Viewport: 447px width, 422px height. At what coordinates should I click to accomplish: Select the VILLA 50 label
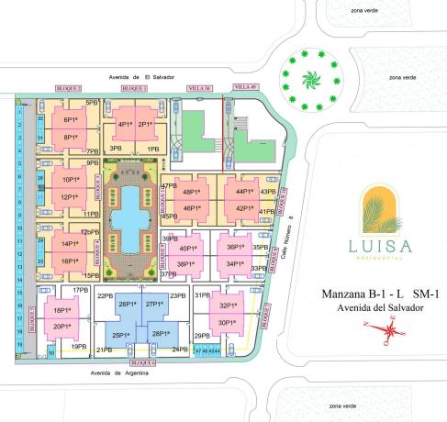tap(199, 87)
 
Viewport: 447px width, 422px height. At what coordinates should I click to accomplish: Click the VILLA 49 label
tap(246, 86)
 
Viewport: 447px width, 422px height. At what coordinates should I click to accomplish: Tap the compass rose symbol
tap(392, 328)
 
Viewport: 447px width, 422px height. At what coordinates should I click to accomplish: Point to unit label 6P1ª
tap(70, 120)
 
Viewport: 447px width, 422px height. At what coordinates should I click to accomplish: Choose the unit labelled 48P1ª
tap(192, 192)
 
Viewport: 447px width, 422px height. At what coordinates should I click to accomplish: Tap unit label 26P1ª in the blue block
tap(129, 304)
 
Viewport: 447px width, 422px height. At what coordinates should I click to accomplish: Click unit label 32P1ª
tap(228, 306)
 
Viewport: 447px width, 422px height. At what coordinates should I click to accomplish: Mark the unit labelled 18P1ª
tap(62, 311)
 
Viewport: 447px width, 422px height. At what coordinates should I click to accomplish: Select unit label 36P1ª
tap(236, 247)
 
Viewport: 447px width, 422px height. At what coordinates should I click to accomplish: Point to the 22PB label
tap(104, 296)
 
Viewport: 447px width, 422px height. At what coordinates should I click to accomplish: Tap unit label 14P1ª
tap(69, 244)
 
